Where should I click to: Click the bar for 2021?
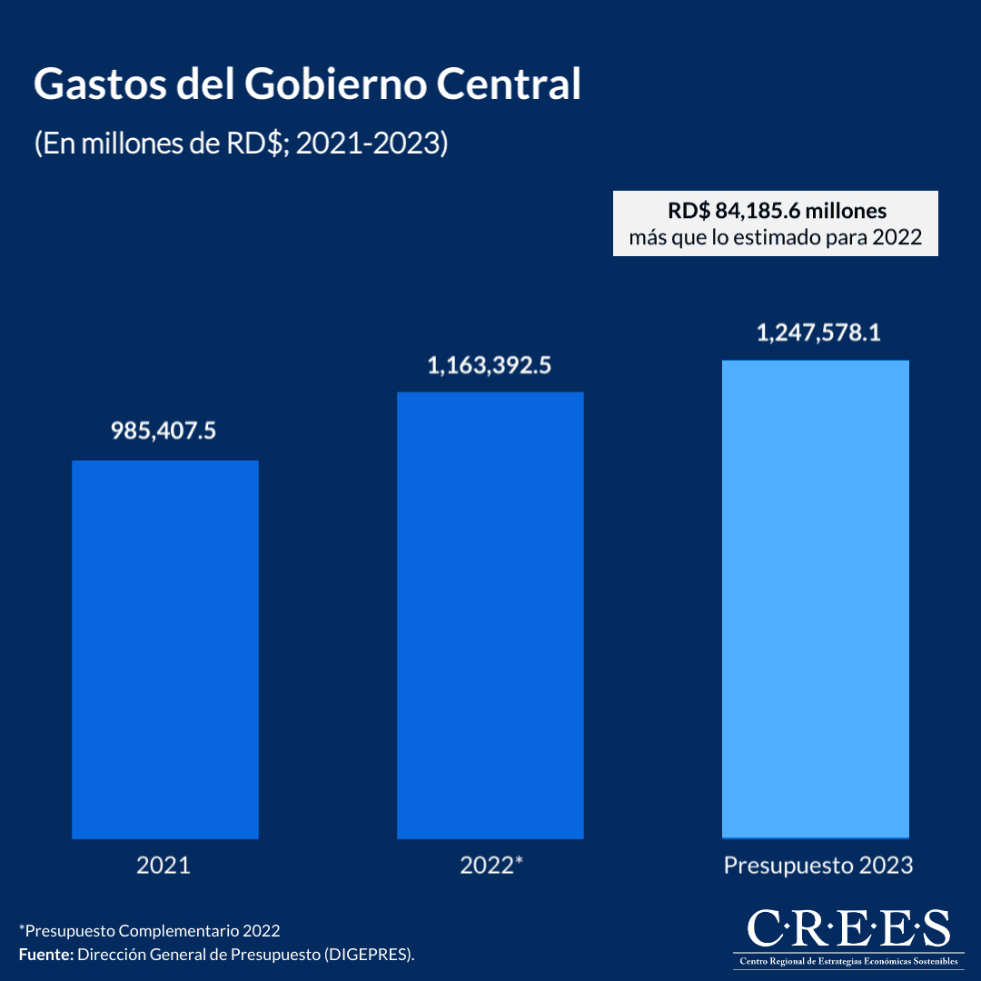point(165,649)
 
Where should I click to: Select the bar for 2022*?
point(490,615)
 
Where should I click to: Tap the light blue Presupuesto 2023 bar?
point(816,599)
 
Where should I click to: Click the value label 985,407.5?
point(163,430)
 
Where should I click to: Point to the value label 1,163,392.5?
point(490,366)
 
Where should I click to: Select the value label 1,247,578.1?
point(818,332)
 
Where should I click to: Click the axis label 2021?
point(163,865)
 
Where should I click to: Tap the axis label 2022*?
point(491,865)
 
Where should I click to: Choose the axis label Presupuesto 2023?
point(817,865)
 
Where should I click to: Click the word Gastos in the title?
point(91,84)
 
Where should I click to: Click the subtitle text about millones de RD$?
point(241,144)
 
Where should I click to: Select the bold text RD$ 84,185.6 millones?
point(776,211)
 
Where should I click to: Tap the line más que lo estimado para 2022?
point(776,238)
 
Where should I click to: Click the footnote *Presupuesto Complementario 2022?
point(149,931)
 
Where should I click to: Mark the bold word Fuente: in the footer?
point(45,955)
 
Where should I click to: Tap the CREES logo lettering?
point(848,928)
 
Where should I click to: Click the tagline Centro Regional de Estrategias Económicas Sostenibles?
point(848,961)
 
